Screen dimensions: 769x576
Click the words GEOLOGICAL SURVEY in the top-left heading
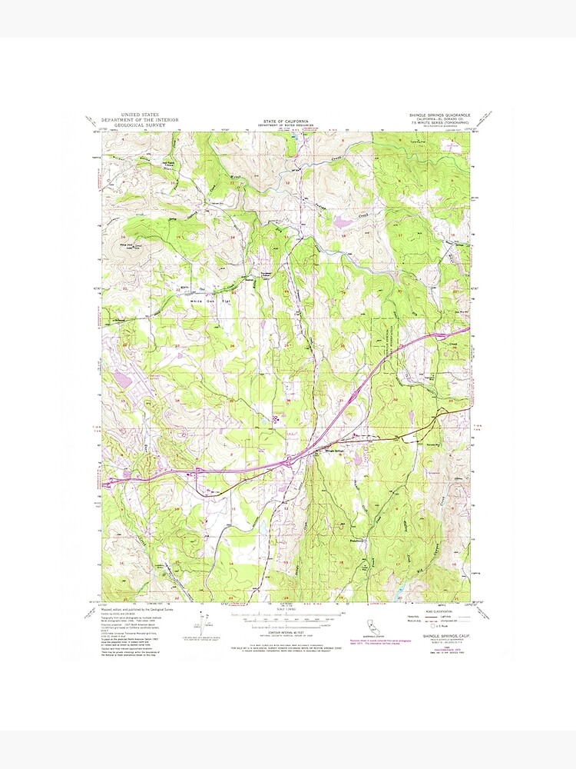coord(134,125)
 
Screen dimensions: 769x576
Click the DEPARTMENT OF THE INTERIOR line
coord(134,120)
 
